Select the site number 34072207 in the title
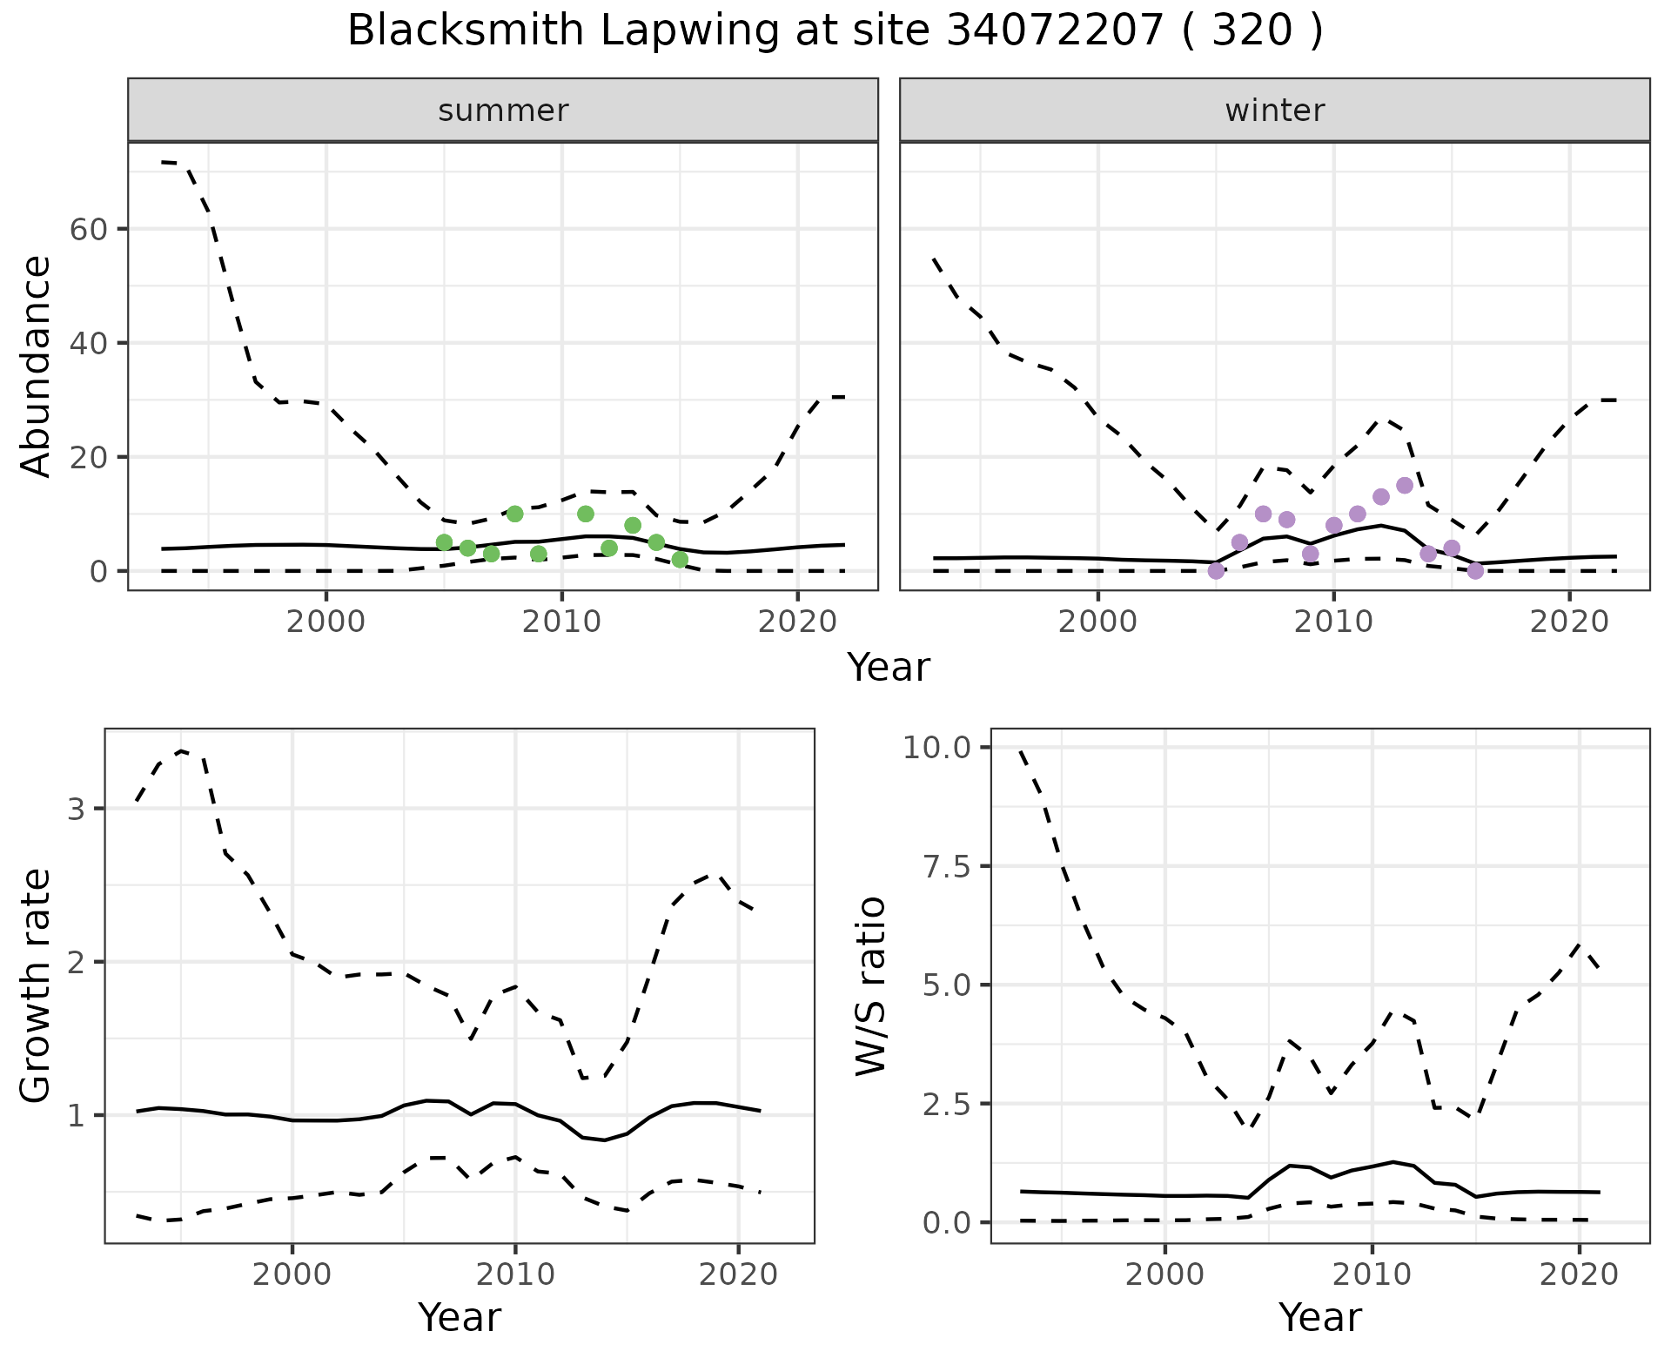click(1054, 31)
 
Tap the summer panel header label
click(503, 111)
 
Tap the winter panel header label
click(1274, 111)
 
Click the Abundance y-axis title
click(37, 366)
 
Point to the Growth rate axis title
click(37, 987)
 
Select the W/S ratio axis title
click(871, 987)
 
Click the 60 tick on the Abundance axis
click(87, 230)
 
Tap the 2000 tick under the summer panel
click(326, 622)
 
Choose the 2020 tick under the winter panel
click(1569, 622)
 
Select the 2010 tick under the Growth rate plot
click(515, 1274)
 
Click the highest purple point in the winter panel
click(1404, 485)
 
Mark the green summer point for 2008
click(514, 514)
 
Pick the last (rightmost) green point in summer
click(680, 559)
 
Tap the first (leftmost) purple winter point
click(1216, 571)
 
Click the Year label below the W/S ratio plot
click(1319, 1317)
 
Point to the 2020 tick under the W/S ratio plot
click(1579, 1274)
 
